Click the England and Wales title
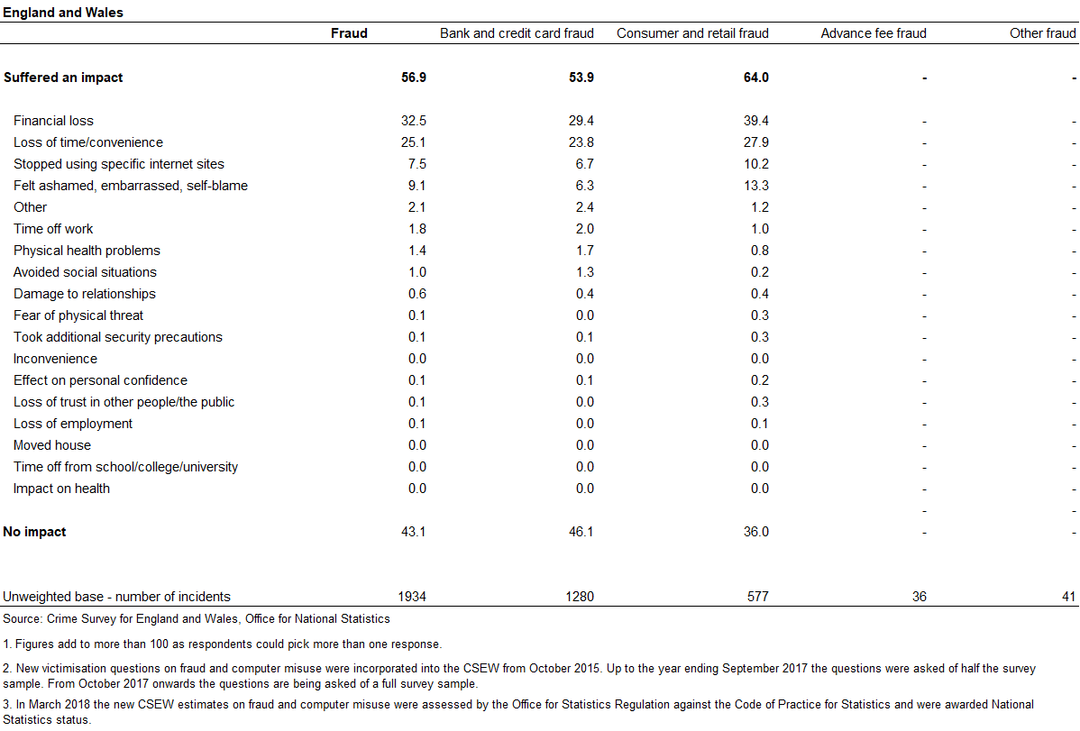click(63, 13)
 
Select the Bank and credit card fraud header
click(517, 33)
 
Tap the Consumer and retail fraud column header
click(692, 33)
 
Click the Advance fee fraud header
click(874, 33)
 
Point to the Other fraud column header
click(1042, 33)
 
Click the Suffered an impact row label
click(63, 78)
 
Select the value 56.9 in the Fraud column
click(413, 78)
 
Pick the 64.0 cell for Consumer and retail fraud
click(755, 78)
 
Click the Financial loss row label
click(53, 121)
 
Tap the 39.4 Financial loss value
click(755, 121)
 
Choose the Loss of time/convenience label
click(88, 142)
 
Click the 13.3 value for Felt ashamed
click(755, 186)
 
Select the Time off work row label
click(53, 229)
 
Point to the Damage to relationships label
click(84, 294)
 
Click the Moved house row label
click(51, 445)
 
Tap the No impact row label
click(34, 532)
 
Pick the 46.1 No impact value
click(581, 532)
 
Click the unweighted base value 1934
click(412, 597)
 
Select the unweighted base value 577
click(757, 597)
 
